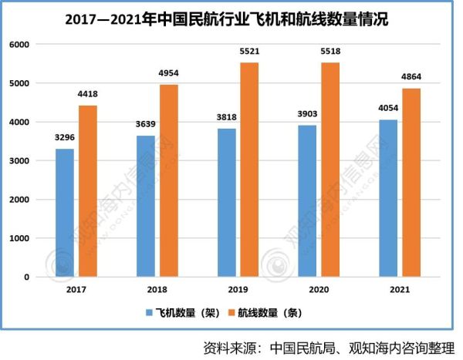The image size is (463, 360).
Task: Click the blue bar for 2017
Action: point(66,213)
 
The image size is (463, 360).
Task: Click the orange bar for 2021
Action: point(411,183)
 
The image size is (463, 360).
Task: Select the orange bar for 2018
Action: point(167,180)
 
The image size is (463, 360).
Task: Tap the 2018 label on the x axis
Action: point(157,291)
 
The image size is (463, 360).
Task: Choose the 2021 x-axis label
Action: point(400,291)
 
